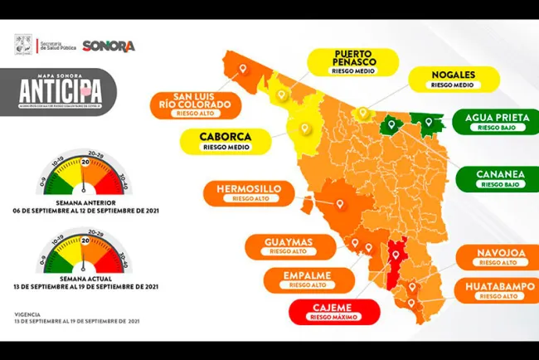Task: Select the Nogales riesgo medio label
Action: pyautogui.click(x=453, y=79)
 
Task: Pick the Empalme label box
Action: pyautogui.click(x=296, y=278)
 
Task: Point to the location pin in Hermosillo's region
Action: pyautogui.click(x=339, y=202)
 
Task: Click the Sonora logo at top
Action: pyautogui.click(x=109, y=46)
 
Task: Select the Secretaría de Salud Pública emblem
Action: pyautogui.click(x=25, y=45)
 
